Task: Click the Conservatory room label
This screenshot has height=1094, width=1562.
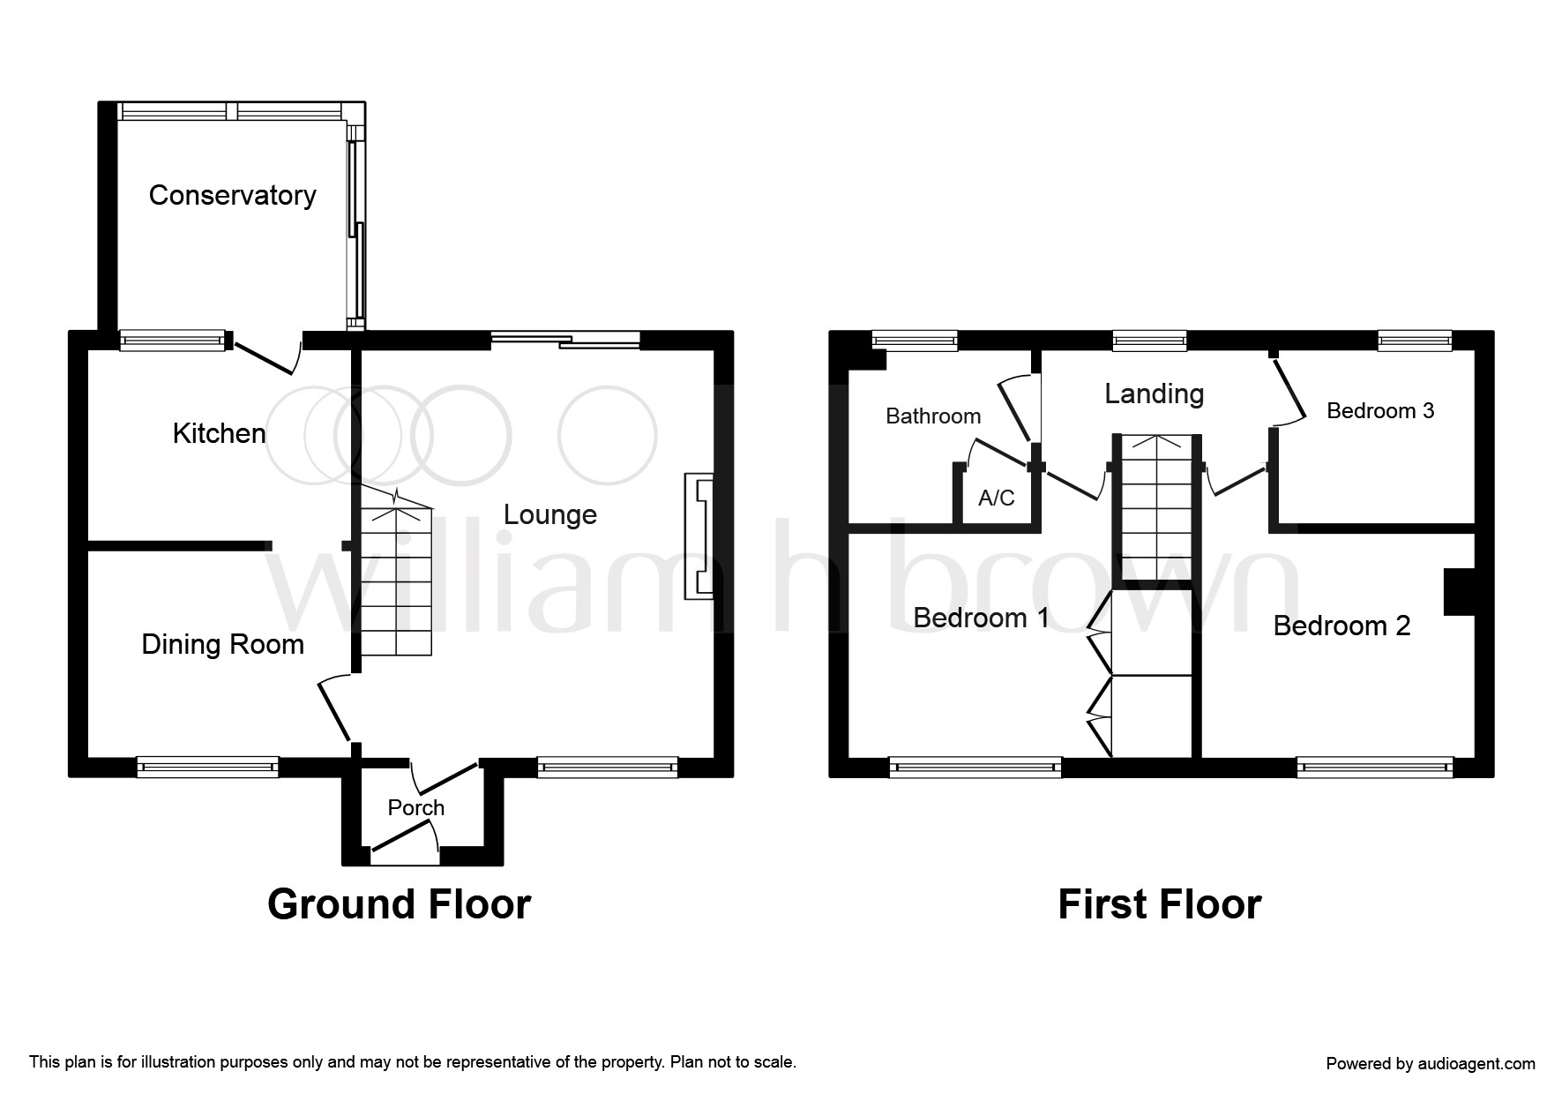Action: click(x=232, y=195)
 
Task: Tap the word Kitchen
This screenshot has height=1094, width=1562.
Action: click(x=219, y=433)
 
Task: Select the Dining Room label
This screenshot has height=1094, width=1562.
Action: click(x=222, y=645)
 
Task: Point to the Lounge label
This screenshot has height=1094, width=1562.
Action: click(x=549, y=515)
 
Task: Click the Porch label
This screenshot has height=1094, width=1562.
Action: click(x=416, y=807)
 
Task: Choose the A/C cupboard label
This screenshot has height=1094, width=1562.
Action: click(x=997, y=498)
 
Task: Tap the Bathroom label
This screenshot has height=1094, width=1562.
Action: click(x=933, y=416)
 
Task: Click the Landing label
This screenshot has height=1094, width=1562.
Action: click(x=1155, y=393)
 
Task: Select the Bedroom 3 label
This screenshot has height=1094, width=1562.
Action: click(x=1380, y=410)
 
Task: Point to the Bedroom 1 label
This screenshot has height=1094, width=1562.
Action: click(x=982, y=618)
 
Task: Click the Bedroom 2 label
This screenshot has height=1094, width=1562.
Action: click(x=1342, y=626)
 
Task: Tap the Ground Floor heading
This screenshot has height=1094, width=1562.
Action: click(x=399, y=904)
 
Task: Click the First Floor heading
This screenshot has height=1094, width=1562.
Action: click(x=1160, y=904)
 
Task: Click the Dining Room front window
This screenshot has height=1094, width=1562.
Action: click(x=208, y=767)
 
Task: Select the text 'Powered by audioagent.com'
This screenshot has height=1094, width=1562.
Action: click(x=1431, y=1064)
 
